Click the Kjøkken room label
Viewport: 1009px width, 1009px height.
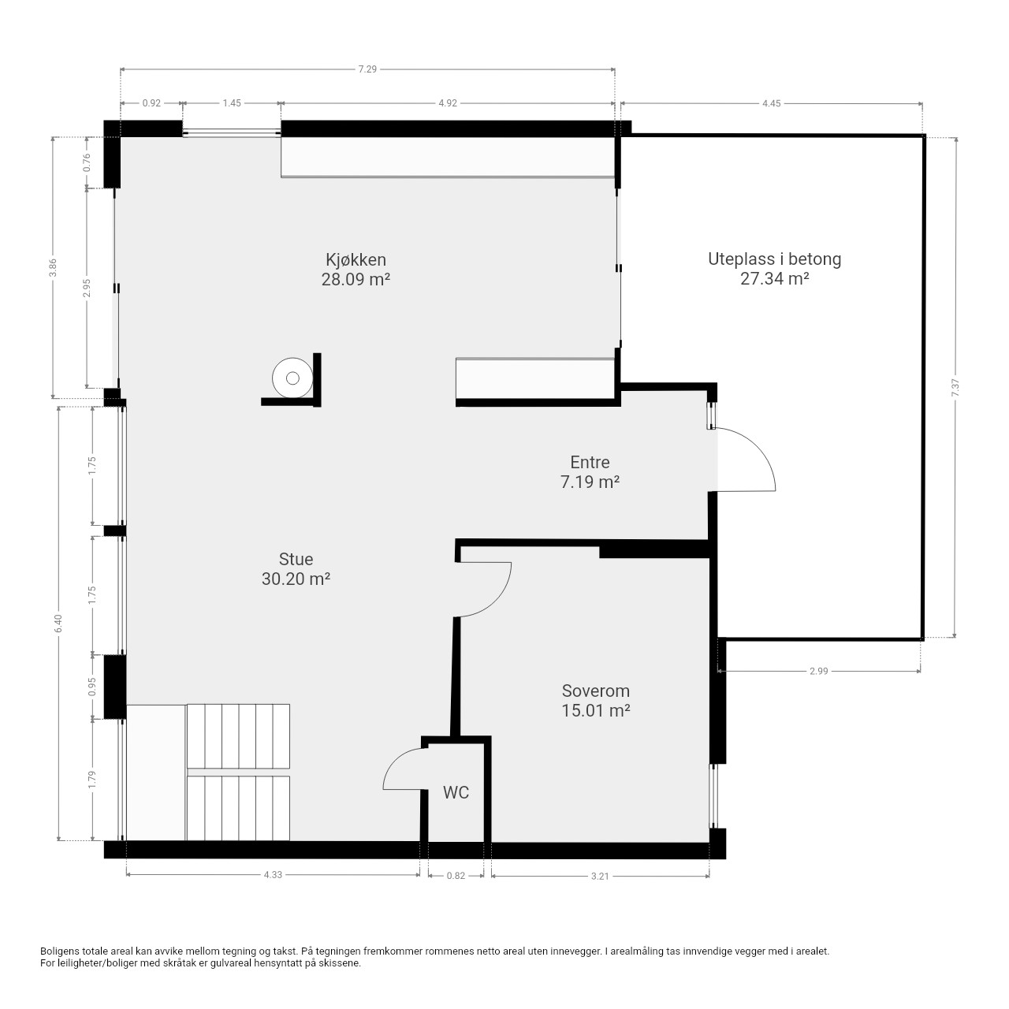point(356,269)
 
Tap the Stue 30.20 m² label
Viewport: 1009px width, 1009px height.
point(296,568)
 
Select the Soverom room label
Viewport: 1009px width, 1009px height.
point(595,701)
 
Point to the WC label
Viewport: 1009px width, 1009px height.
point(456,793)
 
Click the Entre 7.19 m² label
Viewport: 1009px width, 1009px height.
point(590,471)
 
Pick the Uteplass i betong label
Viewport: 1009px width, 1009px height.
point(774,269)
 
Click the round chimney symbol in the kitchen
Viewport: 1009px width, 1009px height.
point(292,378)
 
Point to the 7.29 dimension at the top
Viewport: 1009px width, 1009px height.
point(367,69)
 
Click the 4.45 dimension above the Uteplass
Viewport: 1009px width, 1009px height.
point(771,103)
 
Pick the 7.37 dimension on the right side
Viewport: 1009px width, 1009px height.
point(955,387)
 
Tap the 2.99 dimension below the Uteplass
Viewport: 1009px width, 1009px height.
point(819,671)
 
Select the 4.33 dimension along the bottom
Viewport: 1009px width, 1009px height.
point(273,875)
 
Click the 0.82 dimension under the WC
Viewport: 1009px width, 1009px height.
point(456,876)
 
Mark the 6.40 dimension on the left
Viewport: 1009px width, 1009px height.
point(58,623)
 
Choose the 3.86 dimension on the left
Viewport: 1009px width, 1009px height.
point(52,267)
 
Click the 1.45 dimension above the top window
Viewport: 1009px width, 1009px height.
point(232,103)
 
